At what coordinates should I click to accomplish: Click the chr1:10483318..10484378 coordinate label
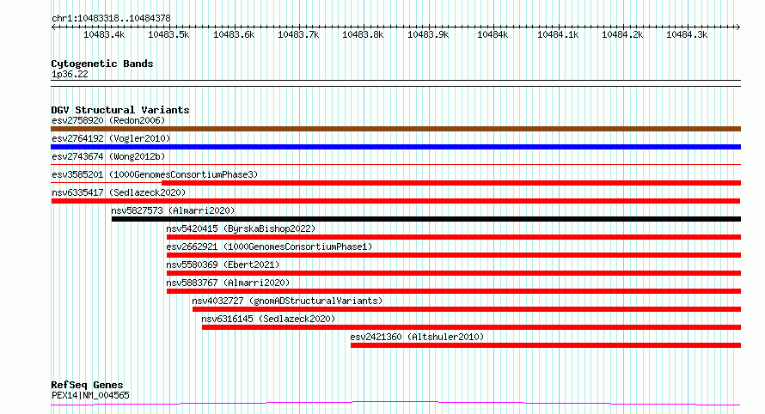(111, 19)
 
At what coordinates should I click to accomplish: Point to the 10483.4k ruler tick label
(104, 34)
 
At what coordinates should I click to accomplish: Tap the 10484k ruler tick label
(493, 34)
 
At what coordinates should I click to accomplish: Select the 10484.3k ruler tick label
(687, 34)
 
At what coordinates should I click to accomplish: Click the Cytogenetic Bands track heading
(102, 64)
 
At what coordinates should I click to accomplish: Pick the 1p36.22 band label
(70, 74)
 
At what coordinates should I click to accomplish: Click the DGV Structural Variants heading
(120, 110)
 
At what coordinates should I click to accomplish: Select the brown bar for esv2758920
(395, 129)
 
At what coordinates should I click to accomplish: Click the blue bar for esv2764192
(395, 147)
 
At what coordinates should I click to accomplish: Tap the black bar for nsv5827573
(426, 219)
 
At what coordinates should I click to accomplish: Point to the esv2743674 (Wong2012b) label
(108, 156)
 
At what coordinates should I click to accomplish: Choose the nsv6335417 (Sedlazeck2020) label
(119, 192)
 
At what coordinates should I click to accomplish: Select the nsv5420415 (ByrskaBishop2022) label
(241, 228)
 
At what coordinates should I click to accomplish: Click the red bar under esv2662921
(454, 255)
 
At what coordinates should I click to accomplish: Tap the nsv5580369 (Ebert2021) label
(223, 265)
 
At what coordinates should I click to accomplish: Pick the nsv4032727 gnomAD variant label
(287, 301)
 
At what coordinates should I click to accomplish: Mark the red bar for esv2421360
(546, 345)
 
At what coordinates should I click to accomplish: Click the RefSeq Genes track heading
(87, 385)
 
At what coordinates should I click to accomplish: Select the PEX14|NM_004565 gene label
(90, 395)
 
